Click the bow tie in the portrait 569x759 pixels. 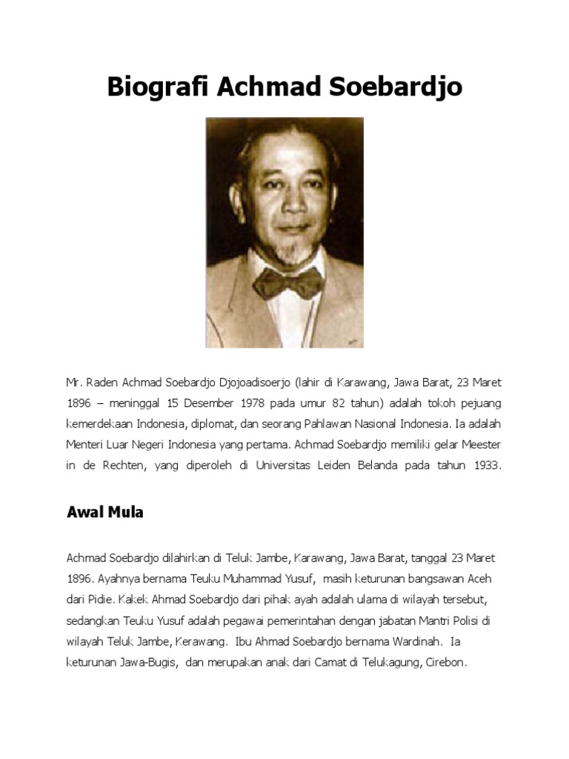point(288,281)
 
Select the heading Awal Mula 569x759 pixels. point(104,512)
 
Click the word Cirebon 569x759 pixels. point(445,662)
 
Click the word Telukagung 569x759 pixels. point(387,662)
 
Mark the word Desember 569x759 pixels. point(172,404)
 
